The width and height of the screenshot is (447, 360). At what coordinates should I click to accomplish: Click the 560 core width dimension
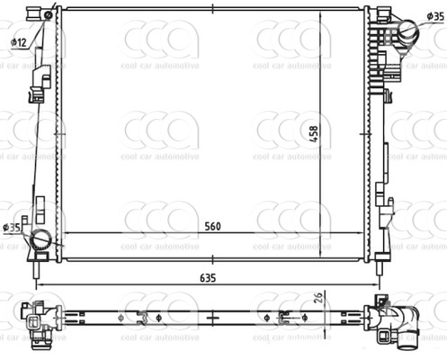[212, 227]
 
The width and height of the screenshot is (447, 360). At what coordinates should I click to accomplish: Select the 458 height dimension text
[314, 134]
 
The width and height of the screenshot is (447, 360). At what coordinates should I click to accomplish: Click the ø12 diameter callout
[18, 42]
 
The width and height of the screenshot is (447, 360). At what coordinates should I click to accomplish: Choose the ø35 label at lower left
[12, 227]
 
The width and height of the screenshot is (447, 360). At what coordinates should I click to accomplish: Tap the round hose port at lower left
[40, 239]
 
